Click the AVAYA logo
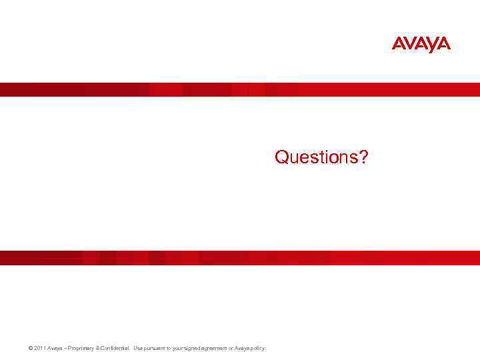421,44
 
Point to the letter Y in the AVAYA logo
431,44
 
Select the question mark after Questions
363,157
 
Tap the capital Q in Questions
281,157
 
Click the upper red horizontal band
240,89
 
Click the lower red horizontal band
240,257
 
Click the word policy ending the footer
259,348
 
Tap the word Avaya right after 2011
47,348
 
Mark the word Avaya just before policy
243,348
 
